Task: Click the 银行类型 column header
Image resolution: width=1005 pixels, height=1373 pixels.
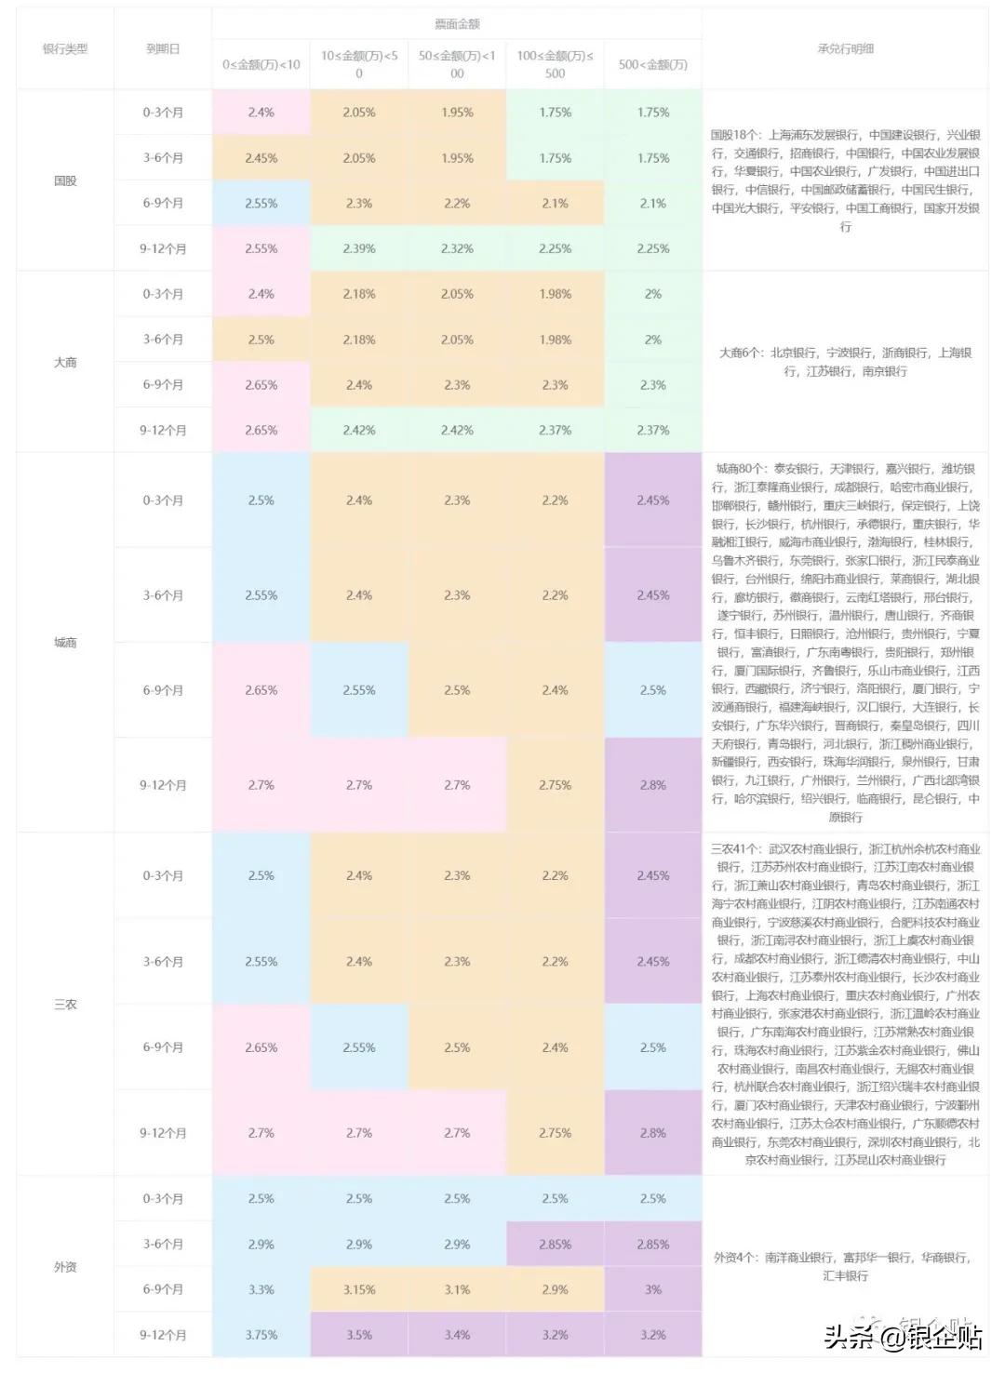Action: (65, 48)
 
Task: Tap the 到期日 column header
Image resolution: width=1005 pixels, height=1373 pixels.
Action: (163, 48)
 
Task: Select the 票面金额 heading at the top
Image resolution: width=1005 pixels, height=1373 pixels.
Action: (457, 23)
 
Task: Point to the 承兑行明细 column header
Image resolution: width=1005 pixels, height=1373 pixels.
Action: (845, 48)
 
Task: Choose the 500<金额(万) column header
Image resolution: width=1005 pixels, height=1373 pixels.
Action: (652, 64)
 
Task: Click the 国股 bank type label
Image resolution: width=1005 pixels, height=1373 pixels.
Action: (65, 180)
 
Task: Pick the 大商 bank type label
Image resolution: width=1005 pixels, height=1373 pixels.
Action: (65, 362)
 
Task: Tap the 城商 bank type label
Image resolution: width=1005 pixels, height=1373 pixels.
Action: (65, 643)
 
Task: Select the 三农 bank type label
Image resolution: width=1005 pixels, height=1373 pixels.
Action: (65, 1005)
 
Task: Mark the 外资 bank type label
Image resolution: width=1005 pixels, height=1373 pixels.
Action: (65, 1267)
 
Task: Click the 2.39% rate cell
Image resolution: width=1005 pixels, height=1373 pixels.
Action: (359, 248)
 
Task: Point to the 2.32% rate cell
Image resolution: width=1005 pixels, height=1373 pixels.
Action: (457, 248)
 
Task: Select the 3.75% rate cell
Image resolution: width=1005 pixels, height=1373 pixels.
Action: (261, 1335)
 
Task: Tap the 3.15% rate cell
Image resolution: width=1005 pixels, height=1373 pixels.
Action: (359, 1289)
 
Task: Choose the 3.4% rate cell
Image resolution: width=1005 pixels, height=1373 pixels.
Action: (457, 1335)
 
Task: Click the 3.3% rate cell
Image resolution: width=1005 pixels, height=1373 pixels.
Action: (261, 1289)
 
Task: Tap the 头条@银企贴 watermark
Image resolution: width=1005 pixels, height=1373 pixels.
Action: (903, 1337)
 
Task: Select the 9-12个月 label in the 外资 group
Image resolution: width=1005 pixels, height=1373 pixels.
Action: (163, 1335)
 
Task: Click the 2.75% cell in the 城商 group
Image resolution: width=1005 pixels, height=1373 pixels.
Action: (555, 785)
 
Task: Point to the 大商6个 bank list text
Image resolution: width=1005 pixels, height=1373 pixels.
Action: (845, 362)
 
